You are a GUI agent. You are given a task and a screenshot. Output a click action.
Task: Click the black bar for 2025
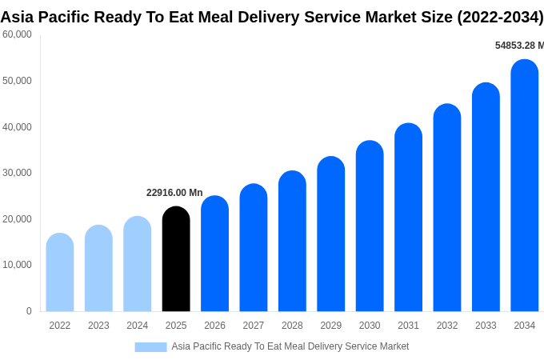(x=176, y=259)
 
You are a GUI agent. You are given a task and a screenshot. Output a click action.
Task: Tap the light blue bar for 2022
(x=60, y=273)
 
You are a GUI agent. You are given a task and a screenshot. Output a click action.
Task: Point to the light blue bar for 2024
(x=138, y=264)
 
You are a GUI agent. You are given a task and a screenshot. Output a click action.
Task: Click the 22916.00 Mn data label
(x=174, y=193)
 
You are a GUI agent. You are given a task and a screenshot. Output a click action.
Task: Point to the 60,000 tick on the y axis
(x=17, y=34)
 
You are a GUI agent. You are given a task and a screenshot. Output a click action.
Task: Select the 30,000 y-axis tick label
(x=17, y=173)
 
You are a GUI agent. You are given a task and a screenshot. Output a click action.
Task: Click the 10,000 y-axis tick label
(x=17, y=265)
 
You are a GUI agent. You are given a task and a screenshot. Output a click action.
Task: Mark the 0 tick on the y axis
(x=29, y=311)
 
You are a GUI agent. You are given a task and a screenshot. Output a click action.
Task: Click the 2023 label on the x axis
(x=98, y=326)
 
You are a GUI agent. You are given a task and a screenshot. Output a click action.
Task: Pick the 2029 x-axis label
(x=331, y=326)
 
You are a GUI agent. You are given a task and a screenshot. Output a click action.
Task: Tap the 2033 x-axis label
(x=486, y=326)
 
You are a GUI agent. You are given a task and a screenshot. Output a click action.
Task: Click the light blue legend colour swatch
(x=150, y=347)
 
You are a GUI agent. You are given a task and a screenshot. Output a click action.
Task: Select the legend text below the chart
(x=290, y=346)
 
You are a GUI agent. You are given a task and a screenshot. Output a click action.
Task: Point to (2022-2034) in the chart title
(x=500, y=17)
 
